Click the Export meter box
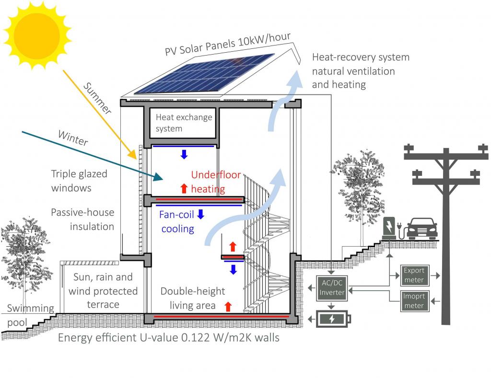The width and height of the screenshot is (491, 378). tap(414, 275)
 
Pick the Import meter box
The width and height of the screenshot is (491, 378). tap(414, 301)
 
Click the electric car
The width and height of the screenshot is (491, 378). tap(421, 229)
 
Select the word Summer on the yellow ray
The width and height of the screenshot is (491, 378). tap(97, 98)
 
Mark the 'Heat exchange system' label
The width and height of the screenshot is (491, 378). tap(184, 123)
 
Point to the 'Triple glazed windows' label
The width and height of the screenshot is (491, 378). tap(79, 181)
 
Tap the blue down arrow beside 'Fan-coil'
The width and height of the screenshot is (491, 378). tap(200, 214)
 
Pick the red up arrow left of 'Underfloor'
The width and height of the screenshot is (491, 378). tap(184, 188)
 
